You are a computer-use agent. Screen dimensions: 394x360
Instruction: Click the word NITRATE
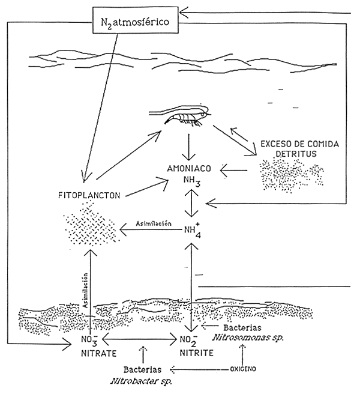pos(95,353)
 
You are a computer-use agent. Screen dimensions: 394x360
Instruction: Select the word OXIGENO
pos(245,368)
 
